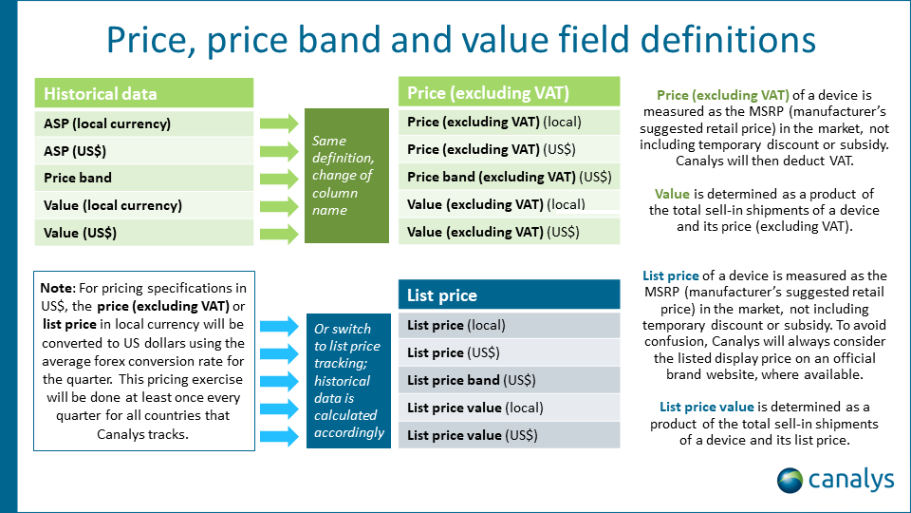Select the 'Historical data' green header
[x=144, y=93]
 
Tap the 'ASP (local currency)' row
[x=144, y=123]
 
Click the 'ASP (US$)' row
[x=144, y=150]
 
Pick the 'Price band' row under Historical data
[x=144, y=178]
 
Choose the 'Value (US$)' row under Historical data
[x=144, y=233]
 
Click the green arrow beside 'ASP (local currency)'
[x=278, y=123]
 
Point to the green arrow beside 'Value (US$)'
[x=278, y=233]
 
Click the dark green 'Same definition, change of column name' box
[x=347, y=175]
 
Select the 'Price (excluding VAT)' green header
[x=509, y=92]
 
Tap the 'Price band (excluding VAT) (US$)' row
[x=509, y=177]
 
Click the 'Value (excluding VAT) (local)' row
[x=509, y=203]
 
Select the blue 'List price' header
[x=509, y=295]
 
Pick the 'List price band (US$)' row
[x=509, y=380]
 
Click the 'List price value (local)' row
[x=509, y=408]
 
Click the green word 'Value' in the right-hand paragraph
[x=672, y=194]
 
